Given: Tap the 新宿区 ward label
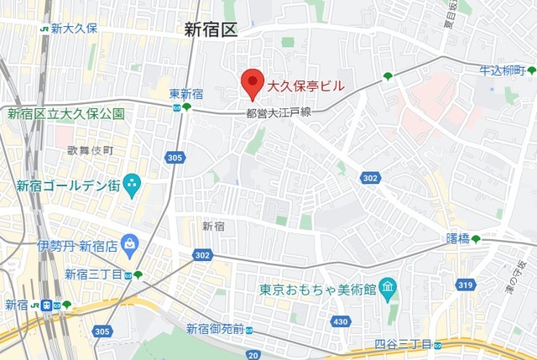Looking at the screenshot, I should [211, 30].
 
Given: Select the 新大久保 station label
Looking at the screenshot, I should [74, 28].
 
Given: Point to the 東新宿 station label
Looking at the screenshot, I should [185, 94].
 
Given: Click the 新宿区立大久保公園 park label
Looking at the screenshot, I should [66, 113].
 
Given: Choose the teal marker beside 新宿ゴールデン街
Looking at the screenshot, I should [132, 185].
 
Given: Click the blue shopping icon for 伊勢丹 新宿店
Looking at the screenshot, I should [129, 245].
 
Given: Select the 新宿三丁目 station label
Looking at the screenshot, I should [93, 274].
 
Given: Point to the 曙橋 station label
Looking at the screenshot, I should [457, 239].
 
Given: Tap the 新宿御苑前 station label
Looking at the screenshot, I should [216, 328].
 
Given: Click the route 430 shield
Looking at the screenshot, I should [340, 321].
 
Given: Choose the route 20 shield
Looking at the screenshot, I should [254, 355].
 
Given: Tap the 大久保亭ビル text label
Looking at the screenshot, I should [305, 85].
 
